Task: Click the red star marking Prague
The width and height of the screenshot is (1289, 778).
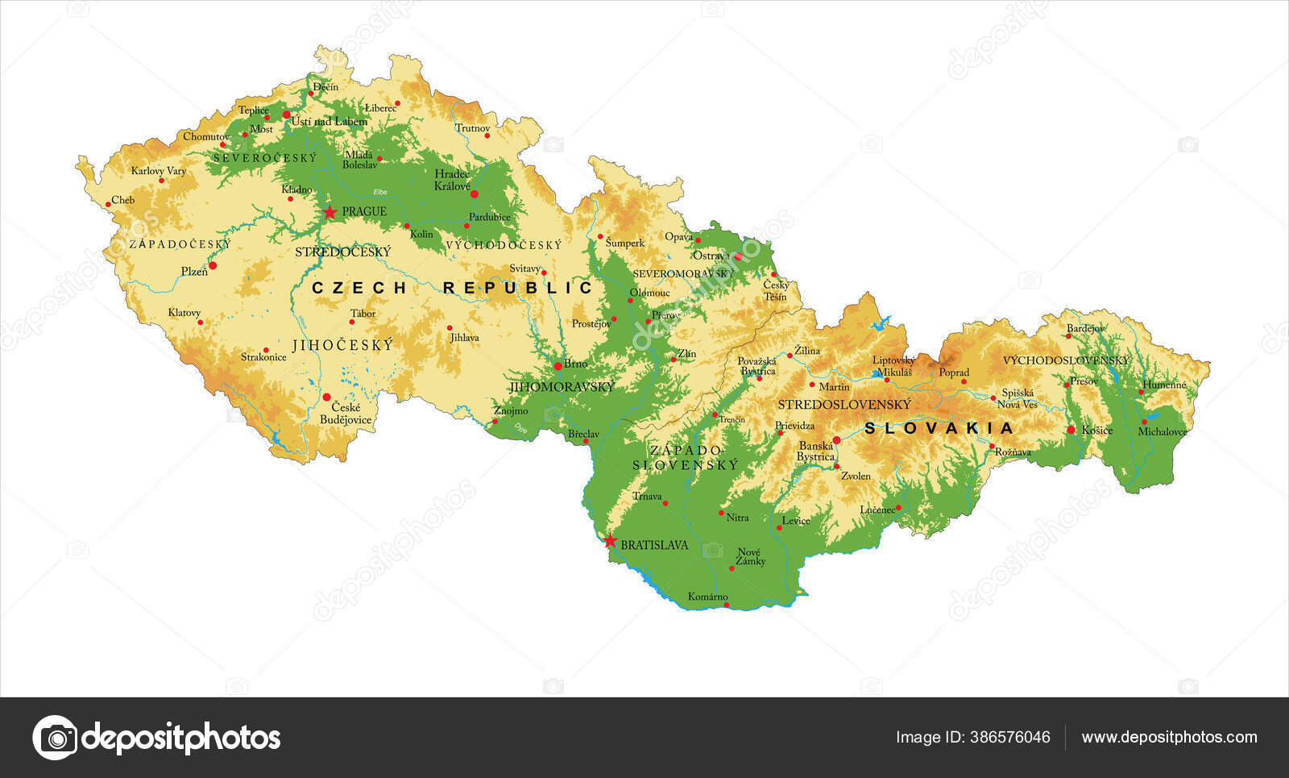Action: click(330, 212)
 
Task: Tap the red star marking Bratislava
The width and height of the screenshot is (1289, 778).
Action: click(610, 540)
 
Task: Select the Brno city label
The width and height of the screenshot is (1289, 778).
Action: click(575, 364)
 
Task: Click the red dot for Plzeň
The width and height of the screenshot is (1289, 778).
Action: click(213, 265)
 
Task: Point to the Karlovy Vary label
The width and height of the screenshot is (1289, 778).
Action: click(159, 171)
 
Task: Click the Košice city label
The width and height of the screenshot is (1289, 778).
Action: click(1097, 431)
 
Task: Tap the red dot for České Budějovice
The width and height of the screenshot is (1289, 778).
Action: click(327, 397)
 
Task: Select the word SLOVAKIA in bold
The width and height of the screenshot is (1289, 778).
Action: click(939, 428)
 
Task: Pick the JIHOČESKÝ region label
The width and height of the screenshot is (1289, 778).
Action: click(343, 345)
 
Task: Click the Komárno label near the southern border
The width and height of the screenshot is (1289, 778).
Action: click(707, 597)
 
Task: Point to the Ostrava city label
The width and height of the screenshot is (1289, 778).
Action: click(711, 256)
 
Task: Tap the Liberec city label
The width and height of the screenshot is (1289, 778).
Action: click(380, 108)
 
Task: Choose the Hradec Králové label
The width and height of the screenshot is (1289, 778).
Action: click(452, 180)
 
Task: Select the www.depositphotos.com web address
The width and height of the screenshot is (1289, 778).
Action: click(1169, 737)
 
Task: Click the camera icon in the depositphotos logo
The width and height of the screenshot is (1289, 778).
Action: click(56, 737)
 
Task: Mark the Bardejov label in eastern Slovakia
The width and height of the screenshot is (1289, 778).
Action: click(1085, 329)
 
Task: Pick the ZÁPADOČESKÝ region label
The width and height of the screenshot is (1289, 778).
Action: click(180, 243)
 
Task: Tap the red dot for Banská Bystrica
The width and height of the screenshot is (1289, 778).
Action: click(836, 440)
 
